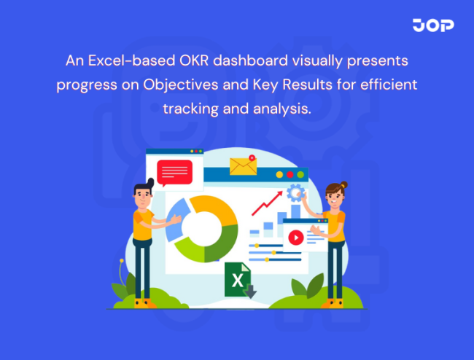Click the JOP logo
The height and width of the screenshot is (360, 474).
[432, 26]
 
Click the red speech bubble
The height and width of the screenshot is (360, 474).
[174, 172]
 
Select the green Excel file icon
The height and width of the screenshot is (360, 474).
[238, 281]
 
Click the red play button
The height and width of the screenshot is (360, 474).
[295, 237]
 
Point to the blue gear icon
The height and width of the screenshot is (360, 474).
[295, 193]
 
